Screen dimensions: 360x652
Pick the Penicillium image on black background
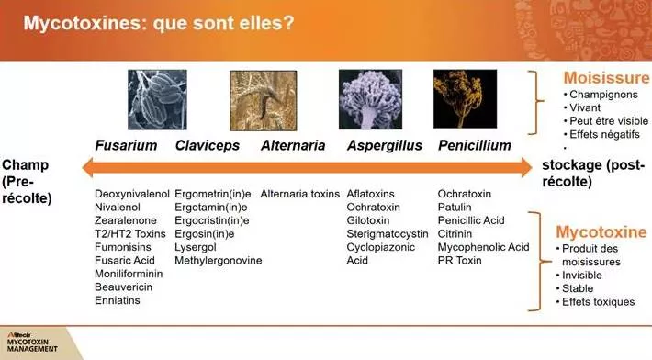[x=465, y=99]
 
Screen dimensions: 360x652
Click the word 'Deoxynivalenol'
[x=132, y=194]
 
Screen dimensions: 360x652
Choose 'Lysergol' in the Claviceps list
[x=197, y=247]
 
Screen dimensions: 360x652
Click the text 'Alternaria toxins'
[x=300, y=194]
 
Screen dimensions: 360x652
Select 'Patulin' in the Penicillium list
[x=455, y=208]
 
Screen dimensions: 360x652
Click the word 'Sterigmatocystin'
[x=390, y=234]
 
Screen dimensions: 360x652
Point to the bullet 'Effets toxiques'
[x=600, y=301]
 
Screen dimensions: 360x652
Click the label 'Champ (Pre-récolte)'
[x=28, y=181]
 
